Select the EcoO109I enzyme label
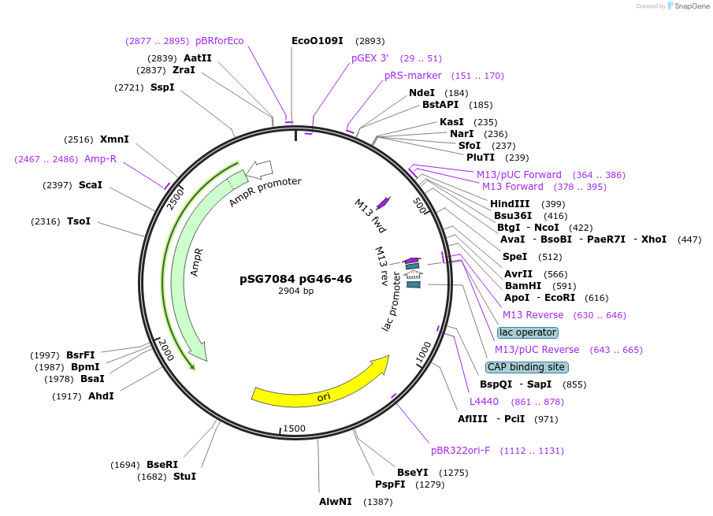coord(317,40)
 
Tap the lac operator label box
coord(527,332)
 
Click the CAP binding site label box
coord(526,367)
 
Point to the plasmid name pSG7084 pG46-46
coord(295,279)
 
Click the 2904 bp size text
coord(295,291)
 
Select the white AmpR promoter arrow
coord(259,169)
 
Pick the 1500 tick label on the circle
coord(294,428)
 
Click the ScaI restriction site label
coord(91,185)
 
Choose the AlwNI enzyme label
coord(335,502)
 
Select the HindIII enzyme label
coord(510,203)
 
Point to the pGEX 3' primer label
coord(370,58)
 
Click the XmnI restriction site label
coord(114,139)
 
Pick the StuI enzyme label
coord(184,477)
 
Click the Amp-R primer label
coord(100,159)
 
